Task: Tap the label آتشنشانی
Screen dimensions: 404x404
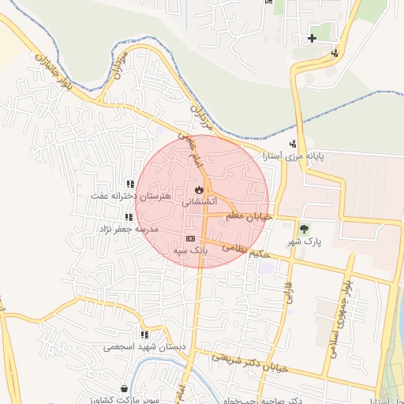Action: click(x=200, y=203)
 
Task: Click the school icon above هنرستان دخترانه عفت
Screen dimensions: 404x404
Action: click(x=130, y=184)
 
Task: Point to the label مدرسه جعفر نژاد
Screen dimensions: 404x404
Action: click(x=128, y=229)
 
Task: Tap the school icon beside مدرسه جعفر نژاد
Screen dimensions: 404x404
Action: click(x=127, y=217)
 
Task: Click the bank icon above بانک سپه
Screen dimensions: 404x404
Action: click(x=190, y=238)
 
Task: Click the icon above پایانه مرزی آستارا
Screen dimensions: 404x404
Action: click(x=294, y=144)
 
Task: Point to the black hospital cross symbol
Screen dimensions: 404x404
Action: click(x=312, y=38)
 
